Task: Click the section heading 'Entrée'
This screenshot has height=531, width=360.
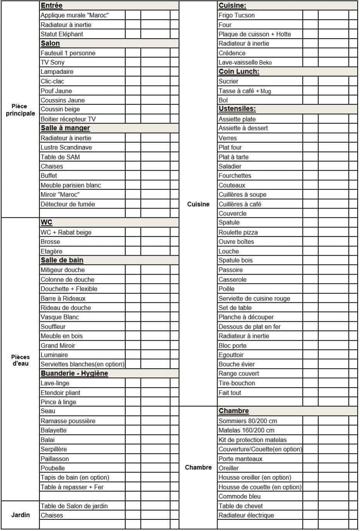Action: (x=51, y=6)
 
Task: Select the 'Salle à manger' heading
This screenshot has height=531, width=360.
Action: (x=65, y=128)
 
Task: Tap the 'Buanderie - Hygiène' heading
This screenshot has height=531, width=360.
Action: (x=74, y=374)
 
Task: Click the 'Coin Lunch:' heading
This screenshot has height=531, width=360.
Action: (x=239, y=72)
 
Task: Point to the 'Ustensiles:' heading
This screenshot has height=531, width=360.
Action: (x=237, y=109)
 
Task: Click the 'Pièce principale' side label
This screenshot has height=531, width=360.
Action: (x=20, y=110)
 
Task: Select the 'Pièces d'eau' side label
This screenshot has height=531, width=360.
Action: (x=20, y=360)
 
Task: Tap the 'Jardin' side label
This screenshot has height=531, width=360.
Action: (x=20, y=515)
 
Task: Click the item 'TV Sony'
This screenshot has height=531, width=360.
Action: (x=53, y=62)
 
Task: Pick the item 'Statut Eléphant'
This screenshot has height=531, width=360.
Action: (x=62, y=34)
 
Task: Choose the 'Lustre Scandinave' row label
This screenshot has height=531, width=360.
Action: (x=66, y=147)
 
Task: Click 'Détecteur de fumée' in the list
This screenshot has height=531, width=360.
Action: (x=68, y=204)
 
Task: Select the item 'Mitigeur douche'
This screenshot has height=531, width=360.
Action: (x=63, y=270)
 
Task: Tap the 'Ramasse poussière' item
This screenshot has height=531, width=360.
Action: (x=68, y=421)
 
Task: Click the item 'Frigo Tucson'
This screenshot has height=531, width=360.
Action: (x=237, y=15)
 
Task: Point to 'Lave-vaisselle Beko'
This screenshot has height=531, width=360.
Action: (x=245, y=62)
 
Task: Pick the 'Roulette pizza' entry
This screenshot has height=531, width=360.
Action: (x=238, y=232)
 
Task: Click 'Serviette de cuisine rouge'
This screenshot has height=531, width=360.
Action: (x=254, y=299)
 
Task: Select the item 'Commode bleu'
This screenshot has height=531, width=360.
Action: (x=240, y=496)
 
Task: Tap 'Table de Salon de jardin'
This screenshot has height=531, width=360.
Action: (x=74, y=506)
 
